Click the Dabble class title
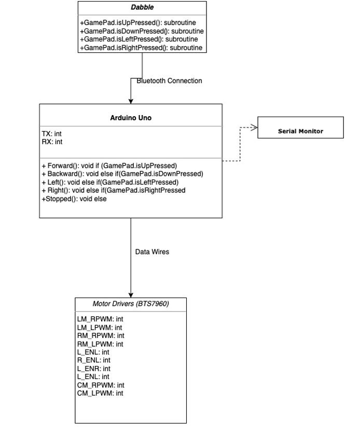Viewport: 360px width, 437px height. pos(142,7)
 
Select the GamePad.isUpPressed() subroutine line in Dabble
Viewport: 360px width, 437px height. pos(138,23)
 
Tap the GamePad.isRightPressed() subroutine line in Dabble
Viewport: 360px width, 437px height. pos(141,48)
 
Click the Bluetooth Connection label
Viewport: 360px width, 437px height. pos(169,81)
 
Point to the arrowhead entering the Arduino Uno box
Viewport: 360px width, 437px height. pos(131,101)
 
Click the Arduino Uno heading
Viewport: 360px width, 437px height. pos(131,118)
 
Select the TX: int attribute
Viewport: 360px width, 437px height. pos(51,134)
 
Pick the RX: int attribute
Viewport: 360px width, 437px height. pos(52,142)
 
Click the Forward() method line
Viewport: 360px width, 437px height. pos(109,166)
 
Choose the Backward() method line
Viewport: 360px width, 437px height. pos(122,174)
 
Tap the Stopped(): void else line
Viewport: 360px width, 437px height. pos(74,199)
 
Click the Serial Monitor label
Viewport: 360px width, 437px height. pos(300,131)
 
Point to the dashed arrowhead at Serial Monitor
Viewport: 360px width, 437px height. pos(254,128)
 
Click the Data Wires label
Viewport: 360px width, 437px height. pos(153,252)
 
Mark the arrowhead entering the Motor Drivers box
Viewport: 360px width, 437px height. pos(131,295)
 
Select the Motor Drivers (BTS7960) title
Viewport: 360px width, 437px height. pos(131,304)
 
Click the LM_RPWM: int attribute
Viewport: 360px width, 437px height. pos(100,319)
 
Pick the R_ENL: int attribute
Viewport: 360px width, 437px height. pos(94,360)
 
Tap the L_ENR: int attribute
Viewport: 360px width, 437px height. pos(94,369)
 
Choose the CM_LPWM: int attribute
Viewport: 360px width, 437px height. pos(100,393)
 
